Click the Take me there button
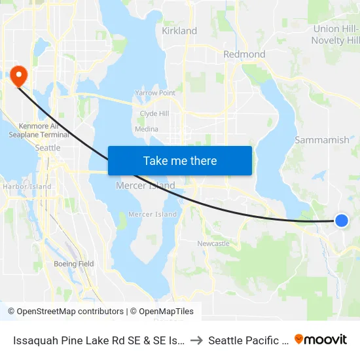180,160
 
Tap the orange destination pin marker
18,75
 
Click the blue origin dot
341,221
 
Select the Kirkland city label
179,31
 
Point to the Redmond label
244,54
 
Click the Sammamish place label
321,140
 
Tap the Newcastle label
213,243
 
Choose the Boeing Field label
73,264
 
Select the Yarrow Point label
155,93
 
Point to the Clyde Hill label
154,113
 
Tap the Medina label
146,129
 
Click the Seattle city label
47,148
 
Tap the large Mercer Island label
145,186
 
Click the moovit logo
320,339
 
